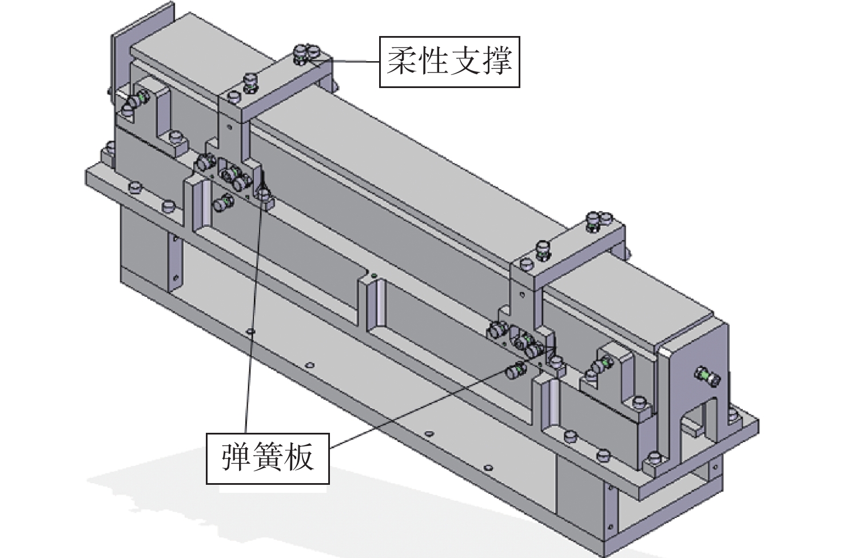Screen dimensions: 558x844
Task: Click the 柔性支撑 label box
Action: click(449, 62)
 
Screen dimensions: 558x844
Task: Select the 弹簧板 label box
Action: click(268, 458)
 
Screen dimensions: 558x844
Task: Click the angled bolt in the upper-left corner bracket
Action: click(135, 102)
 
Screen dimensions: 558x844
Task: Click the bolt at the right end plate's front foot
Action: click(654, 459)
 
